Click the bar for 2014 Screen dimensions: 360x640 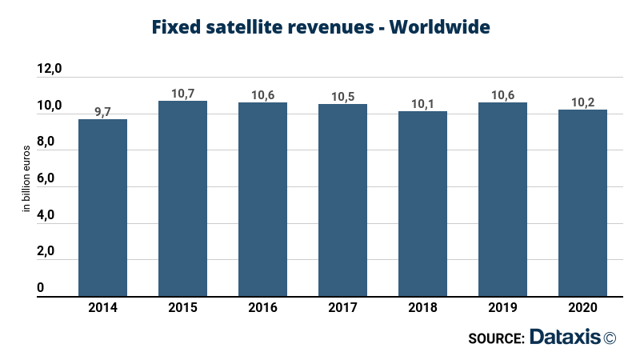(x=102, y=207)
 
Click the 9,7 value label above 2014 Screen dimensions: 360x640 (x=102, y=112)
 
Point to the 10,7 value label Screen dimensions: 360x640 (x=182, y=94)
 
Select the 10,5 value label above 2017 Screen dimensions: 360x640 (x=342, y=97)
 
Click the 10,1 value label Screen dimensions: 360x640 (x=422, y=104)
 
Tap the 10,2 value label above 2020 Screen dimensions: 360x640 (x=582, y=102)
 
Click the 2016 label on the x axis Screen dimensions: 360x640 (x=262, y=307)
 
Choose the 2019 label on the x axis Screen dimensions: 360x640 (x=502, y=307)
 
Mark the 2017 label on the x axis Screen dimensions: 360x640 (x=342, y=307)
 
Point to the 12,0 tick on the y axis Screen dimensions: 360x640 (x=50, y=70)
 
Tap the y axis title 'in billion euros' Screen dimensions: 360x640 (x=26, y=178)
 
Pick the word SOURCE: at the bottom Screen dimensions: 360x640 (x=496, y=338)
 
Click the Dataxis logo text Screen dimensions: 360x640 (x=565, y=338)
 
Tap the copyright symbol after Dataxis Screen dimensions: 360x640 (x=610, y=338)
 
